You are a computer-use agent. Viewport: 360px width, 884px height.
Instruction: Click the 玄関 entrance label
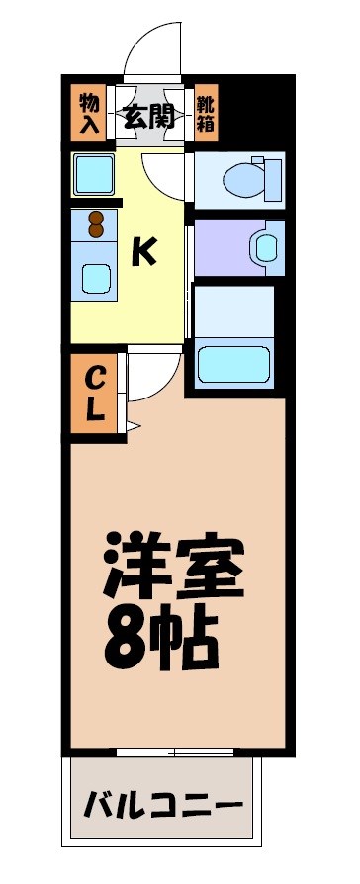click(150, 117)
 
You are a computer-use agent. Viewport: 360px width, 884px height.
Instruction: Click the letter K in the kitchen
click(144, 253)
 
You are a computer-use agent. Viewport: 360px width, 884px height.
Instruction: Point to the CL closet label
click(94, 393)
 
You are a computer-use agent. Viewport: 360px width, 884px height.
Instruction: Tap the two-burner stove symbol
click(96, 224)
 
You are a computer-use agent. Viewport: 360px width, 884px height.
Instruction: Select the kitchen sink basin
click(96, 278)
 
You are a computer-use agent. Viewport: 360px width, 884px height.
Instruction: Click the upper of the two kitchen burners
click(96, 218)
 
